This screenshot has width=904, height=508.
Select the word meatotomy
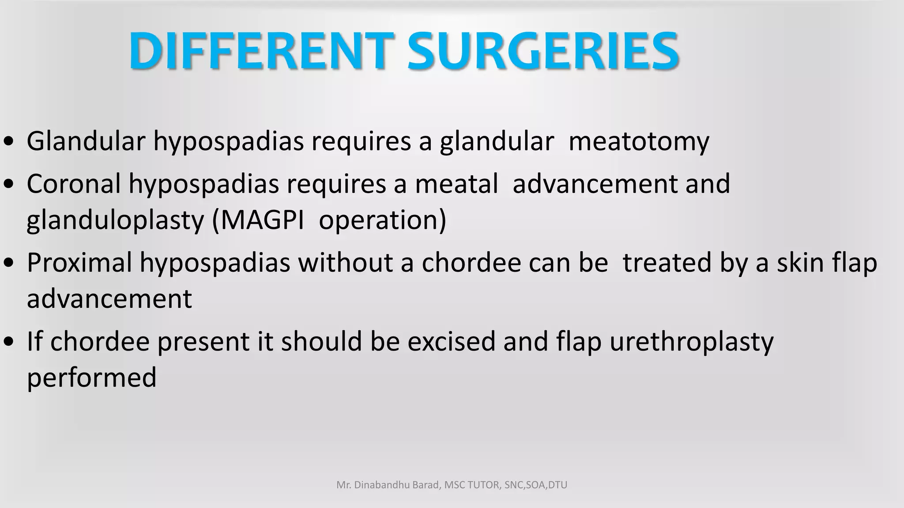pyautogui.click(x=639, y=142)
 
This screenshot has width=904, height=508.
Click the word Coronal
pyautogui.click(x=73, y=183)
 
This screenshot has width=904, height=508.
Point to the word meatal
pyautogui.click(x=456, y=183)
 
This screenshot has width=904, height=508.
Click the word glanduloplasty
pyautogui.click(x=115, y=220)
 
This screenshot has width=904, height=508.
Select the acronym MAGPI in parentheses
pyautogui.click(x=262, y=220)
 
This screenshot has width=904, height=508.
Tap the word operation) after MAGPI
pyautogui.click(x=382, y=220)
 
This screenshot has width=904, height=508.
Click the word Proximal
pyautogui.click(x=79, y=263)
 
